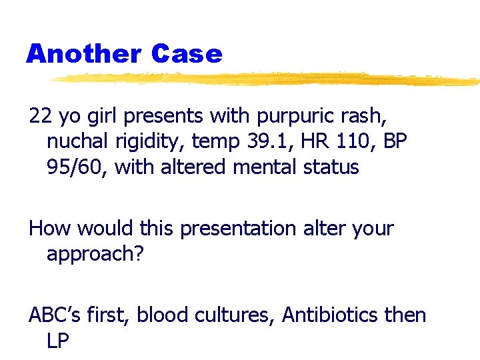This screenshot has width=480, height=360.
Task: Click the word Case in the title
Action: (x=187, y=53)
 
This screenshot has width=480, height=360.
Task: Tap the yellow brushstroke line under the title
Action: (x=267, y=79)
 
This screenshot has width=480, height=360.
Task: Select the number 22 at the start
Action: (x=40, y=116)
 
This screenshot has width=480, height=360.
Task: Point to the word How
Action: (x=50, y=228)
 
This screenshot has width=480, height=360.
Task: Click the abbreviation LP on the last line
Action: (x=58, y=340)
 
